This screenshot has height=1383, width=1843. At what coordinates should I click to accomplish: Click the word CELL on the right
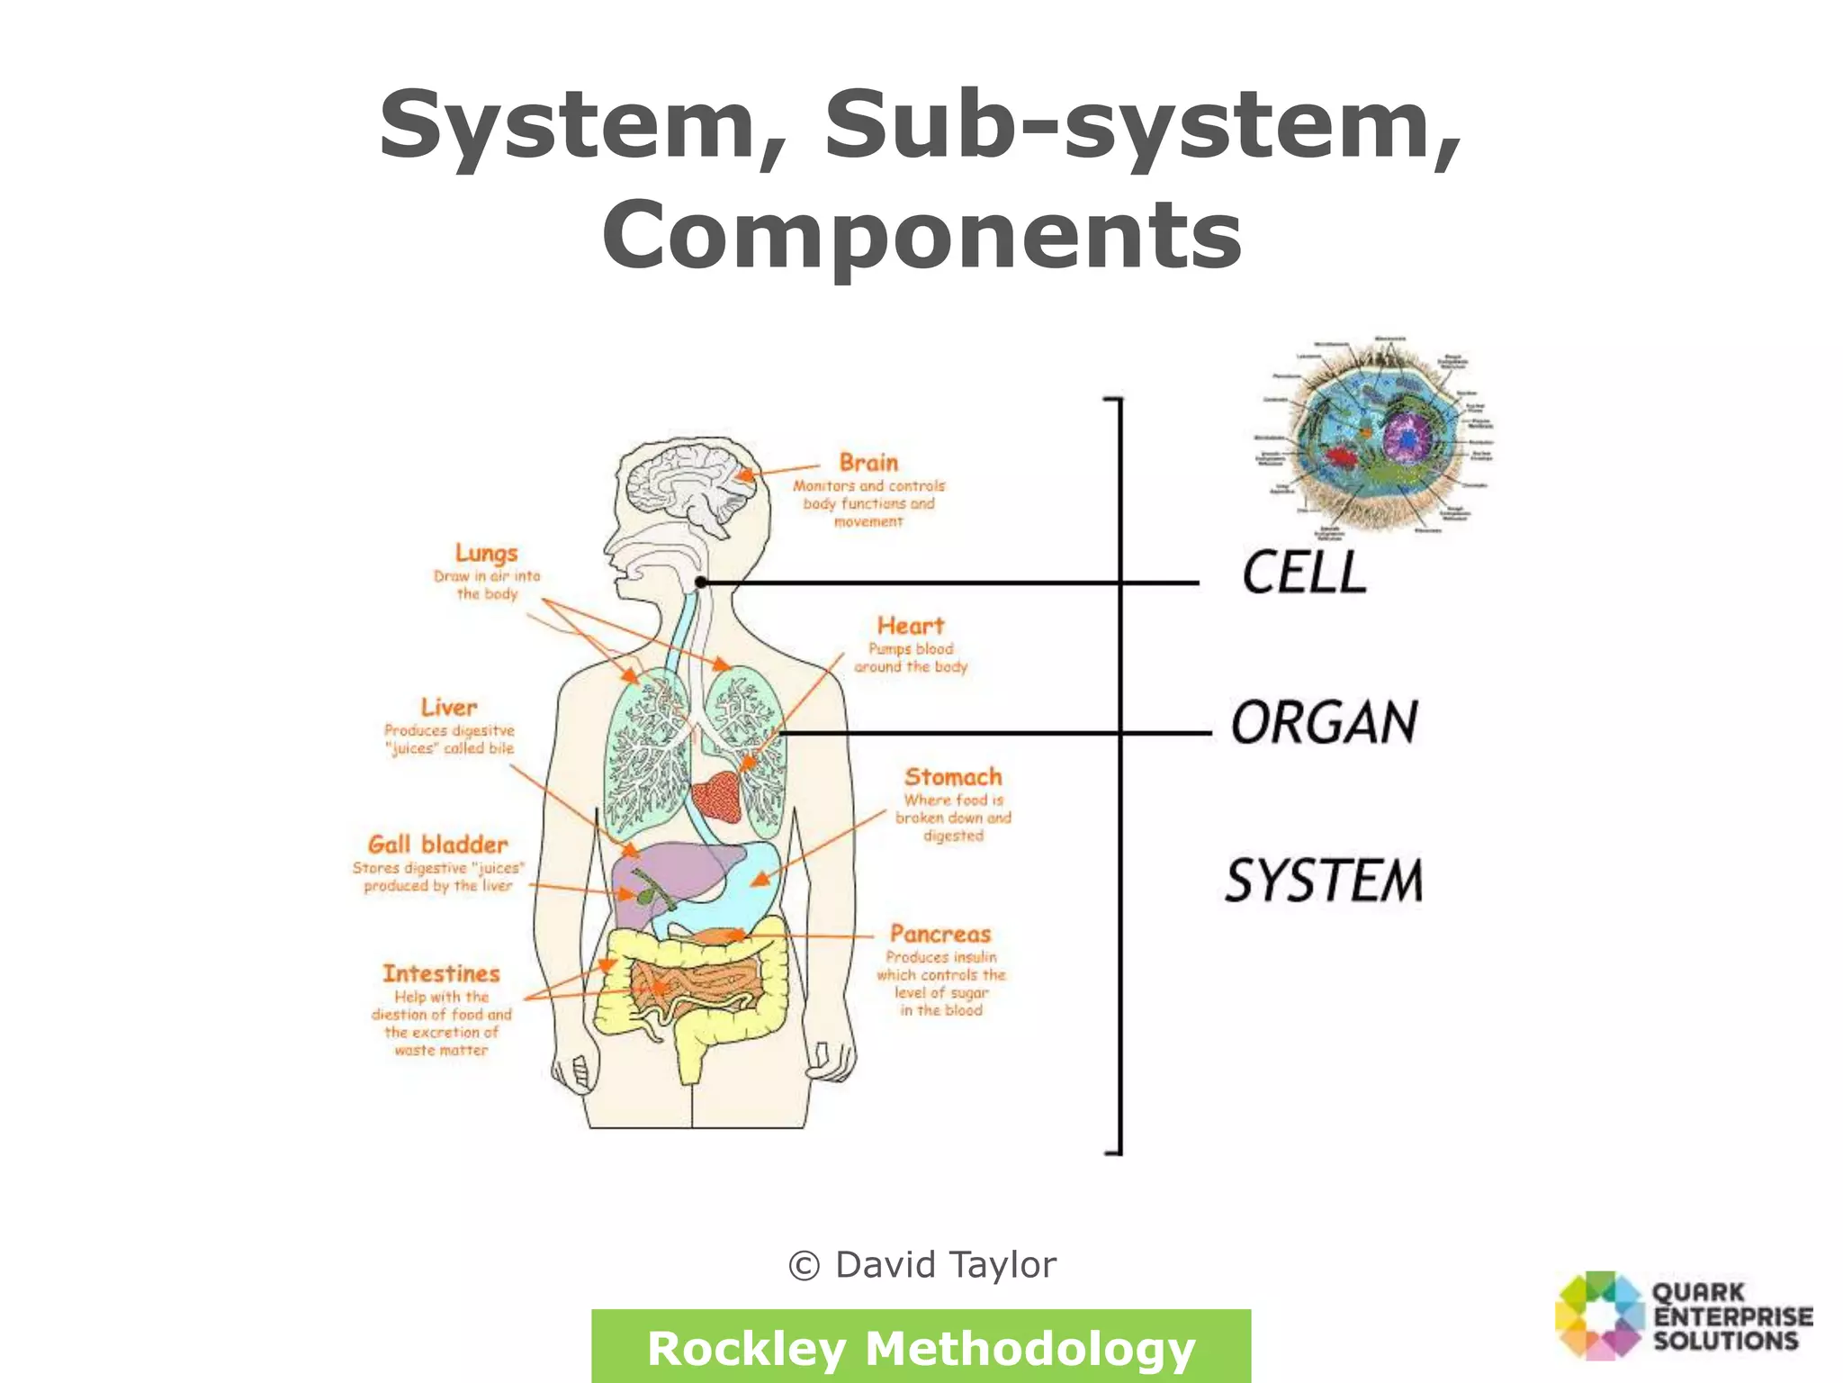[1304, 573]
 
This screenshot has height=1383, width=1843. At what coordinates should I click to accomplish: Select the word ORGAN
[1324, 723]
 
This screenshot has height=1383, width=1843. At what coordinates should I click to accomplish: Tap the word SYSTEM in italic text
[1324, 881]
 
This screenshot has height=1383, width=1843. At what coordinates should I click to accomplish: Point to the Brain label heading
[868, 463]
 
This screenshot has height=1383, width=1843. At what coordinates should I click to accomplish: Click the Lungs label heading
[486, 553]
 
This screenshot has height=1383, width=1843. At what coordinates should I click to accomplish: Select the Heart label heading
[911, 626]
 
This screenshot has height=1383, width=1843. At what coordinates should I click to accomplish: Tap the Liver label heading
[448, 708]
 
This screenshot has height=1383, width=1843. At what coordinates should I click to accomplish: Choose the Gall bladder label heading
[438, 845]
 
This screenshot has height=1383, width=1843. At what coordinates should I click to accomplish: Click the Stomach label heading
[953, 777]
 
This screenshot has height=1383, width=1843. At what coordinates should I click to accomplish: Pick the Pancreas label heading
[940, 934]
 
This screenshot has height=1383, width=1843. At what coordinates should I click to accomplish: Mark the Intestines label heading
[441, 973]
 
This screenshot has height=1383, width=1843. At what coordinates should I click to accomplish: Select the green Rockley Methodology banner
[921, 1347]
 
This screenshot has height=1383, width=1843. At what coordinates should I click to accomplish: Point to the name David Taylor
[945, 1265]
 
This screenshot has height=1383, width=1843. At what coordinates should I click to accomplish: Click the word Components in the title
[922, 234]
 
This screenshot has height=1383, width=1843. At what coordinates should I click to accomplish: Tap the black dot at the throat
[701, 583]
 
